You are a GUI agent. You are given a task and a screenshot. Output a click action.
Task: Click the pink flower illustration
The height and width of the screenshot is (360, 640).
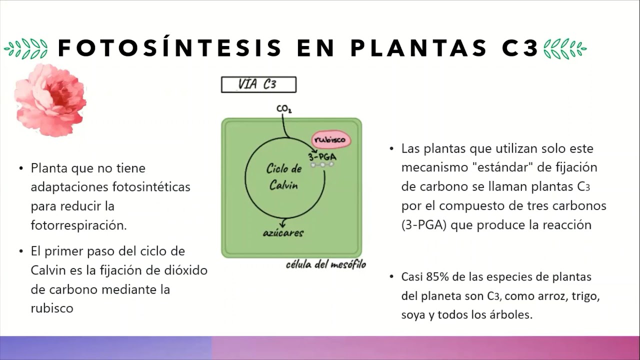50,100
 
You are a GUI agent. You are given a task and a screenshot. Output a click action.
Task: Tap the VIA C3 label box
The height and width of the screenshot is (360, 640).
258,84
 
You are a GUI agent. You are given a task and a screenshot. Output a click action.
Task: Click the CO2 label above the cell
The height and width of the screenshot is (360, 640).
284,108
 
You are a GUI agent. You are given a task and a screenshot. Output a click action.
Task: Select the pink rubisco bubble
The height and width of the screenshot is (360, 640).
331,140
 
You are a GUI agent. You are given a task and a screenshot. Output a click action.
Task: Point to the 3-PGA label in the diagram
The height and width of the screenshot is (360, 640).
322,156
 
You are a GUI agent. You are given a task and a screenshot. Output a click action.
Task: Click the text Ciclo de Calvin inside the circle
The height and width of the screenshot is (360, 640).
283,176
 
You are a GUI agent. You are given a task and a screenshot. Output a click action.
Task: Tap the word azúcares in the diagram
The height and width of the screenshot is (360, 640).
283,232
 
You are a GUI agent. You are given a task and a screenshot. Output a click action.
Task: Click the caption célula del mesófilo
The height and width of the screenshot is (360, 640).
325,264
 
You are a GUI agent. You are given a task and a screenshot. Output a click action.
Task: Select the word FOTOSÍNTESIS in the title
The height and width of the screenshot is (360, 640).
170,48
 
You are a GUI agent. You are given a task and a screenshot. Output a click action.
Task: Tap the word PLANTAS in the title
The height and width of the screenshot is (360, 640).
418,48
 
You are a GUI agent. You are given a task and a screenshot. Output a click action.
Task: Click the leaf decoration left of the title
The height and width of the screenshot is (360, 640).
26,48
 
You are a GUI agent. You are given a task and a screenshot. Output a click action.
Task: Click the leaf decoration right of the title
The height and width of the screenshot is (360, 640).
564,48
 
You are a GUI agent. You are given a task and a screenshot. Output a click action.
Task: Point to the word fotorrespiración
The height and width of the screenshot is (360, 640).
78,225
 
